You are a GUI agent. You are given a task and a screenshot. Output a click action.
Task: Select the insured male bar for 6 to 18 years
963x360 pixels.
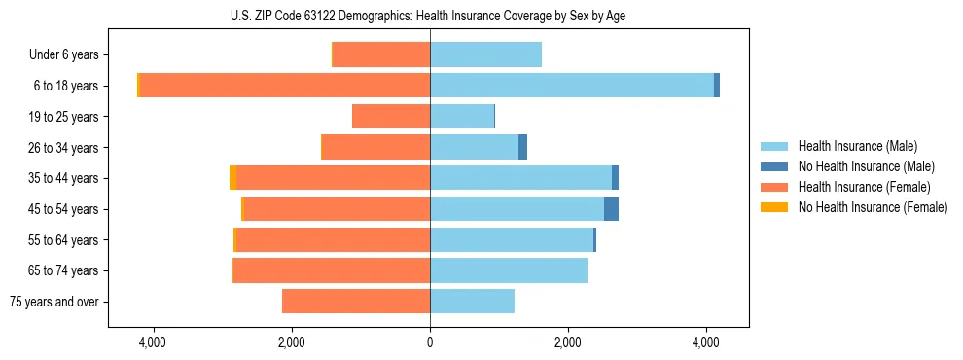572,86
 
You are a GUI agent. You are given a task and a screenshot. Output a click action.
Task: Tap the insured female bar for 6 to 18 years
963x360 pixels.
285,86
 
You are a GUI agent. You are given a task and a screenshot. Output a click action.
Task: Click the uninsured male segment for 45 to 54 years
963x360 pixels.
611,209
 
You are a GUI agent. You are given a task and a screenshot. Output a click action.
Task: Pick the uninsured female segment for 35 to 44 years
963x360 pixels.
233,178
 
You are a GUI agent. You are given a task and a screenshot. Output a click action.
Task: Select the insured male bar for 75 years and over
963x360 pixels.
472,302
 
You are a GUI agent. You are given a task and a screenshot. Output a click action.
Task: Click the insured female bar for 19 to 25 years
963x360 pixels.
391,117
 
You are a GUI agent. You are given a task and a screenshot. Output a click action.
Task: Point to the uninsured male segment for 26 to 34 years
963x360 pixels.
522,148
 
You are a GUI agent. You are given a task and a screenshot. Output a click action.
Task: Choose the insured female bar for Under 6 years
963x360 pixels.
381,54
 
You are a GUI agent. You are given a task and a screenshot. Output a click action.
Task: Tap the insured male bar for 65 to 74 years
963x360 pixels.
509,270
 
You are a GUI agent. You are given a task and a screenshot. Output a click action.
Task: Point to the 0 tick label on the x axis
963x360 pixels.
430,342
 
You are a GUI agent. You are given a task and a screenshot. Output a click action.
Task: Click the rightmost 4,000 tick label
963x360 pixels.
706,342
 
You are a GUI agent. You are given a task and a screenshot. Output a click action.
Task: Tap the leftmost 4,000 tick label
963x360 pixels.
154,342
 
